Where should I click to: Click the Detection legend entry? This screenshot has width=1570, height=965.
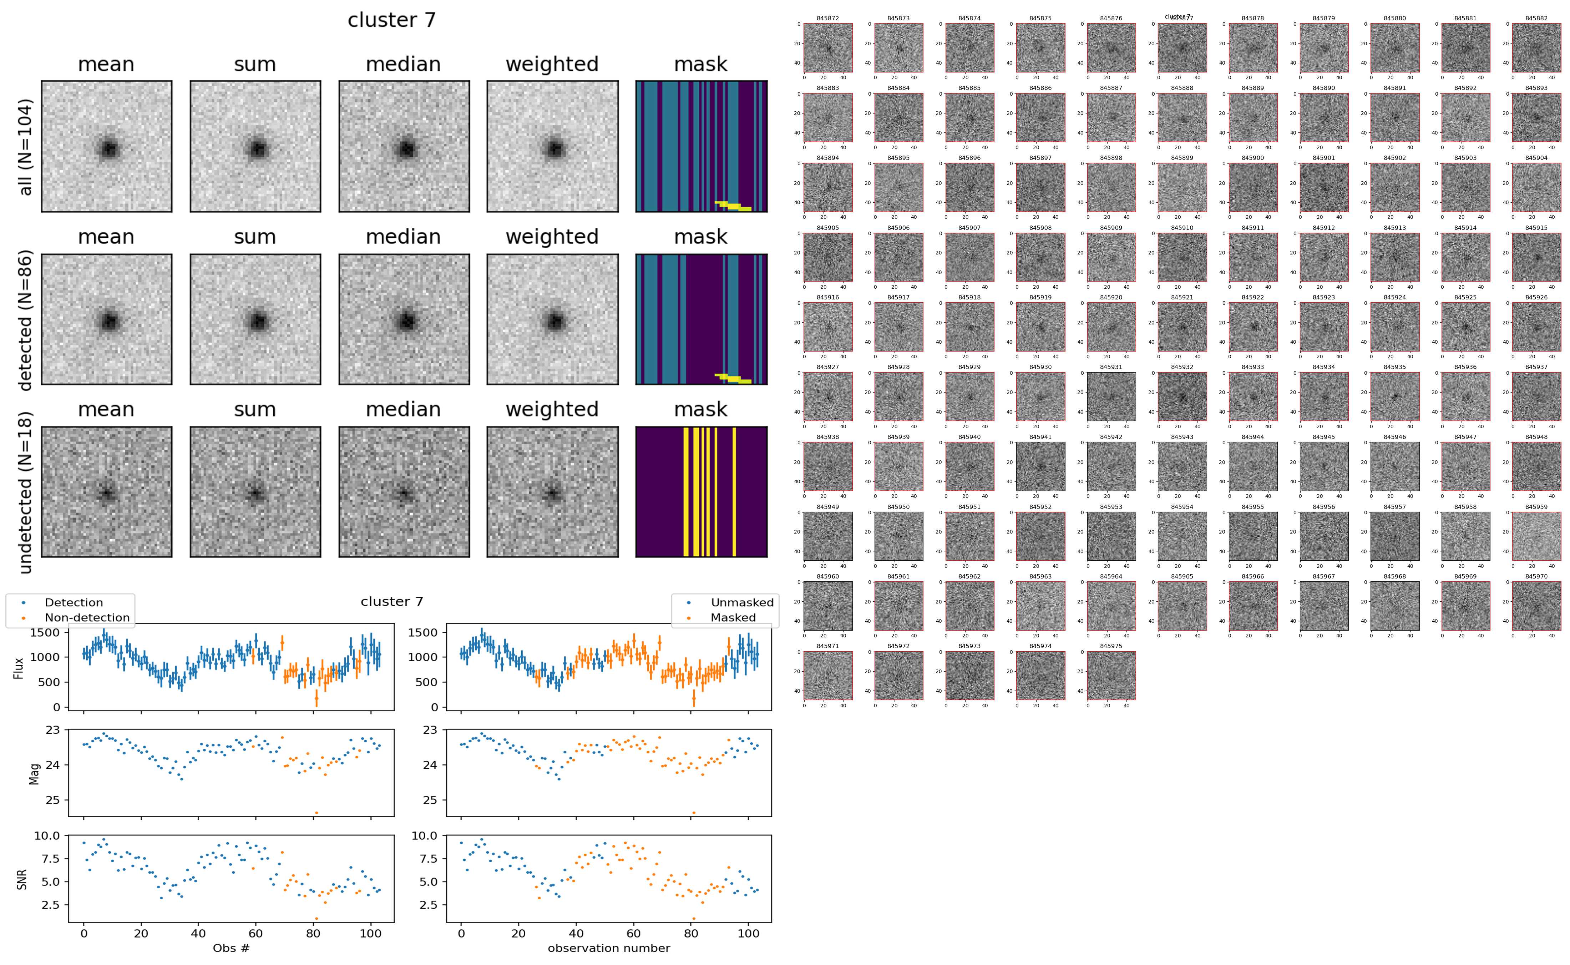pyautogui.click(x=74, y=602)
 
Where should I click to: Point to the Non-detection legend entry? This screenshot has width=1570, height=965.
pyautogui.click(x=87, y=617)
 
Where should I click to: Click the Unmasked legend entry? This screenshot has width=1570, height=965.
pyautogui.click(x=741, y=602)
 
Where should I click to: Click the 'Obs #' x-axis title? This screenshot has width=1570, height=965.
pyautogui.click(x=231, y=948)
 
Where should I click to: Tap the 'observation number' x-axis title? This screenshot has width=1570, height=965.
pyautogui.click(x=609, y=948)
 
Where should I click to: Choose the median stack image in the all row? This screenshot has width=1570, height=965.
pyautogui.click(x=404, y=146)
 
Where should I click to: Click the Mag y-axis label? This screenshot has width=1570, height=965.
pyautogui.click(x=35, y=773)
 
